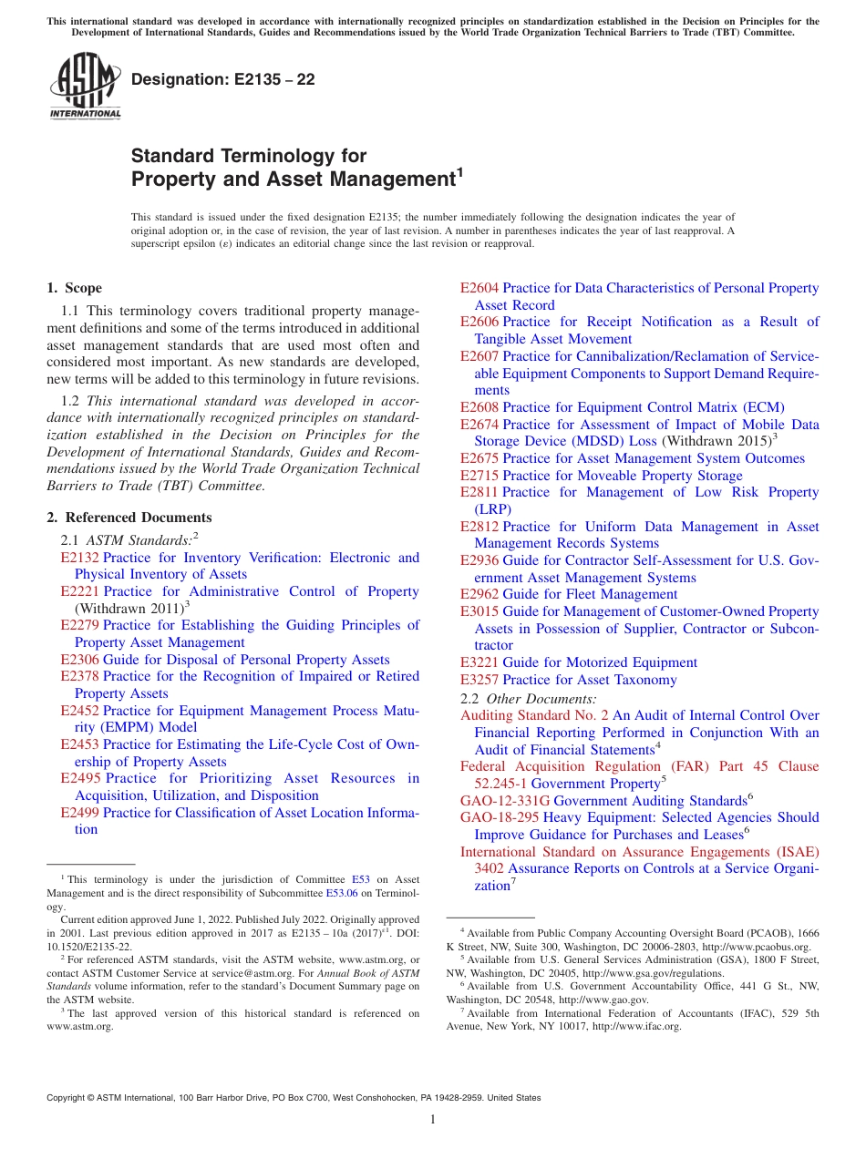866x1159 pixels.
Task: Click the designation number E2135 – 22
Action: (x=223, y=80)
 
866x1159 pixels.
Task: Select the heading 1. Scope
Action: (x=75, y=288)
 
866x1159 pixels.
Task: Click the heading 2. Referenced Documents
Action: (x=129, y=518)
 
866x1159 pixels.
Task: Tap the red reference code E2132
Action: (x=79, y=558)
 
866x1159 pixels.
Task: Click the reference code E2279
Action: (x=79, y=625)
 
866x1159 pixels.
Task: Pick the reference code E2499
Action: (x=79, y=813)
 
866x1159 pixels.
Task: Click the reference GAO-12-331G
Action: (x=505, y=800)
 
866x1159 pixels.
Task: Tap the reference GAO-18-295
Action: (x=500, y=817)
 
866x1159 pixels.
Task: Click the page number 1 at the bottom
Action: (x=433, y=1120)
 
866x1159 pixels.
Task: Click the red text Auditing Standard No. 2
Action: (x=534, y=715)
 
